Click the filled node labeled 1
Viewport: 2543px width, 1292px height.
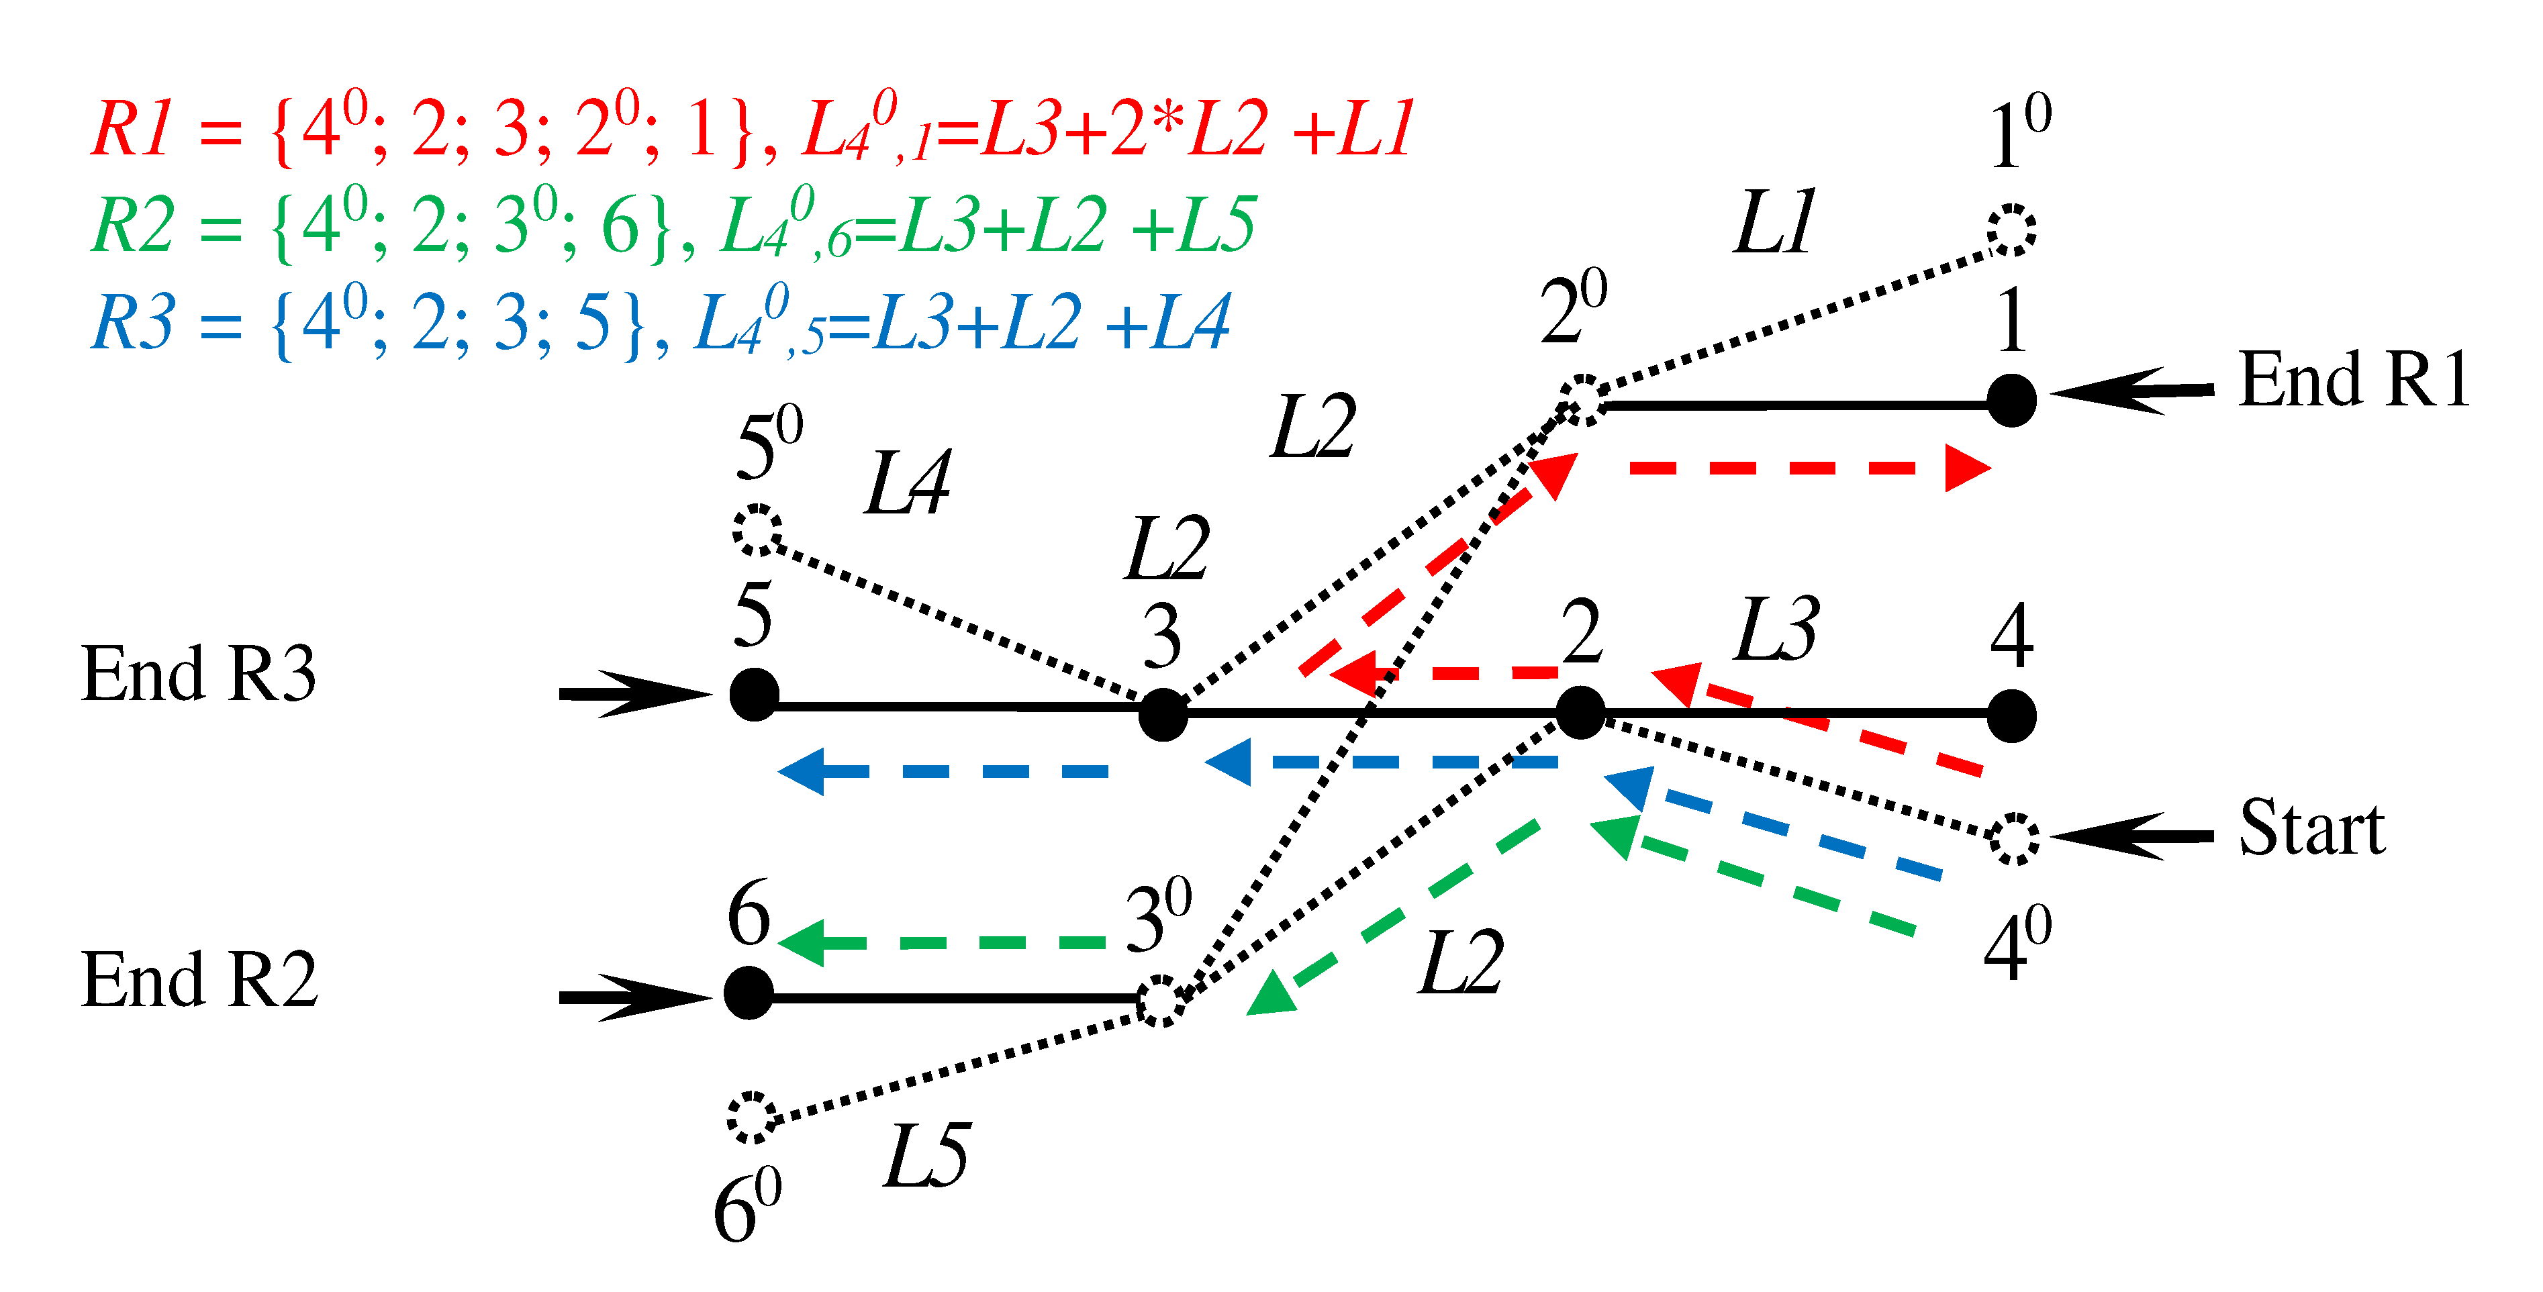coord(2011,401)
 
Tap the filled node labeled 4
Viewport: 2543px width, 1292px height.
coord(2011,715)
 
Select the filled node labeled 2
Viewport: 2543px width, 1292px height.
coord(1580,713)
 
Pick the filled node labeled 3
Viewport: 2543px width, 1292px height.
coord(1163,715)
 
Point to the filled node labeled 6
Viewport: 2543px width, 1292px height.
coord(749,992)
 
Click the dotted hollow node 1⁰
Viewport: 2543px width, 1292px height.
coord(2011,230)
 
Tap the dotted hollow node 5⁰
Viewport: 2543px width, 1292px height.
coord(757,530)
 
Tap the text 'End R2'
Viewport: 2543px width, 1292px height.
coord(199,980)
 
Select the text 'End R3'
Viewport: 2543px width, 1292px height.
coord(199,674)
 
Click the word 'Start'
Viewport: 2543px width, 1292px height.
coord(2311,828)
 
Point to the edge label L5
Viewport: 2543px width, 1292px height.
coord(925,1155)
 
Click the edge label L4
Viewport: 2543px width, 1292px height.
coord(906,484)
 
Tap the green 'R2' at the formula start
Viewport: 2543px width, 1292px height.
coord(132,225)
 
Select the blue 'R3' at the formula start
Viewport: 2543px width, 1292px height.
coord(132,321)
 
